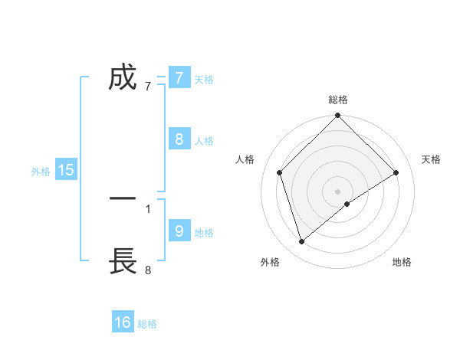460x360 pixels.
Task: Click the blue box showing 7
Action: tap(179, 77)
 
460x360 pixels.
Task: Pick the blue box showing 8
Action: tap(179, 139)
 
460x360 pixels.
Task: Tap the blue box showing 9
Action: tap(179, 231)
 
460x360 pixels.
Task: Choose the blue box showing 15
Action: tap(66, 170)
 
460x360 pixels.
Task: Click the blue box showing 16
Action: tap(123, 322)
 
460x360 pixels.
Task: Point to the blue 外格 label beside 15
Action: tap(41, 172)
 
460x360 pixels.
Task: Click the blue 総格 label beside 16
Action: tap(147, 324)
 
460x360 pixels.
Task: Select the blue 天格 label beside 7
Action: tap(204, 79)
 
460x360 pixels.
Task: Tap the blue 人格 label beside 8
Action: tap(204, 141)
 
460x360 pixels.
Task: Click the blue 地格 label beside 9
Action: tap(204, 233)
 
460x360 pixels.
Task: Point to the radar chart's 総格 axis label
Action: tap(338, 100)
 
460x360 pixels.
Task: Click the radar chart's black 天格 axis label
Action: tap(431, 159)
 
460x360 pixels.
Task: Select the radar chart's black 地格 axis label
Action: tap(402, 262)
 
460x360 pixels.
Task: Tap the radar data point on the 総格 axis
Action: tap(338, 116)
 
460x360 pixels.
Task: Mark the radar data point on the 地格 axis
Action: tap(347, 204)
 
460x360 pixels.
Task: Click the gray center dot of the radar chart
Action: tap(338, 191)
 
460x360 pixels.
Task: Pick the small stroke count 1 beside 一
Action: tap(148, 208)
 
